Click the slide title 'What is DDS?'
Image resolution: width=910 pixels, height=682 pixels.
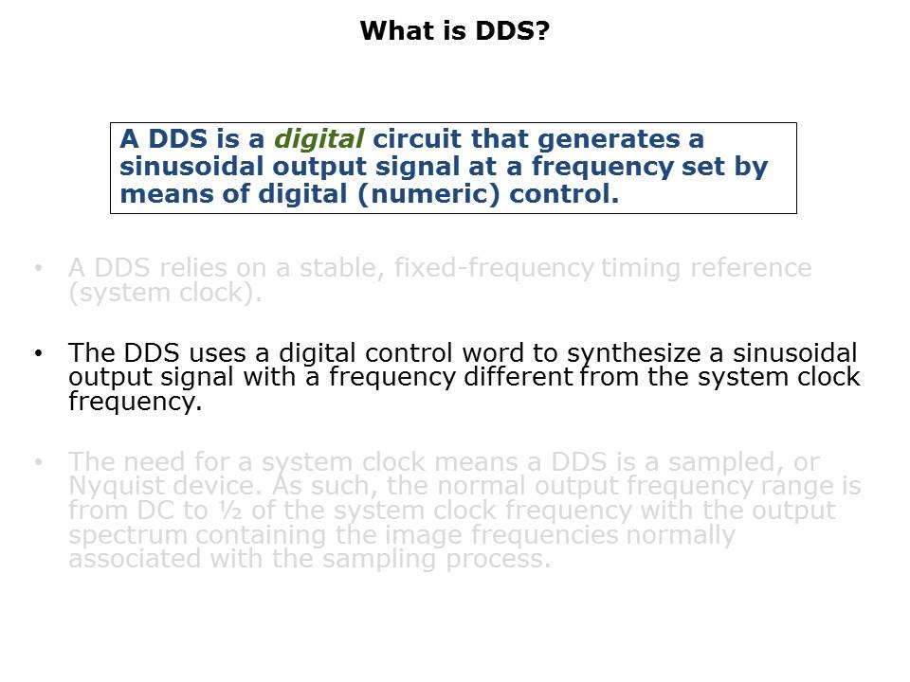455,31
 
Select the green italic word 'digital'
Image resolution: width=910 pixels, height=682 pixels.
318,139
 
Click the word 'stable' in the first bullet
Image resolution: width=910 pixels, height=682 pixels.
334,268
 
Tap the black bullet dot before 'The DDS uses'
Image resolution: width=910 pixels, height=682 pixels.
38,353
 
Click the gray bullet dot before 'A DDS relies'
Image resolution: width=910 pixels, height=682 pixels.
38,268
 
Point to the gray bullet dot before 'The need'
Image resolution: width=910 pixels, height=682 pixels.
38,462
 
